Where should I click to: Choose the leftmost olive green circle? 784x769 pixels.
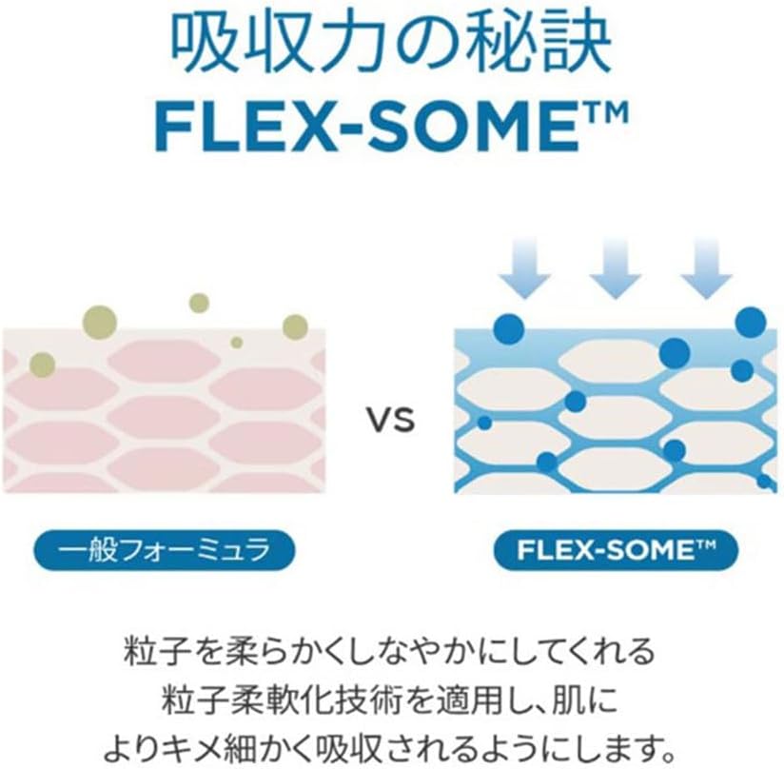43,364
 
